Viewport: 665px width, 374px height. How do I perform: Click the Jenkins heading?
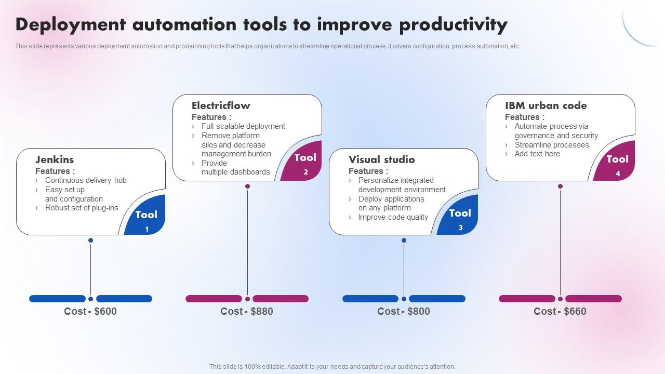pos(55,159)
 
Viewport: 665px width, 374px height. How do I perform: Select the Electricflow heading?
pos(221,105)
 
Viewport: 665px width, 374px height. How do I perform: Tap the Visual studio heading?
pos(381,159)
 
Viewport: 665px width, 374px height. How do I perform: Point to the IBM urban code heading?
pos(546,105)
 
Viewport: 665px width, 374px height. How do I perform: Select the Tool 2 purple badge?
pos(304,162)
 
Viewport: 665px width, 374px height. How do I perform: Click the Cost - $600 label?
pos(90,311)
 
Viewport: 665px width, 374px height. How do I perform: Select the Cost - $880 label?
pos(247,311)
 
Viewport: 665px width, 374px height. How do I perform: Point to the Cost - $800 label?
pos(404,311)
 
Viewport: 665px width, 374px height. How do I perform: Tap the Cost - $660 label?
pos(560,311)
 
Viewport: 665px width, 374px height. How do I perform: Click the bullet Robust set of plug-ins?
pos(82,208)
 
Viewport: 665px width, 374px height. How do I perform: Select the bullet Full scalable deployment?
pos(243,126)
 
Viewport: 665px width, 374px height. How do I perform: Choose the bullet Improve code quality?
pos(393,217)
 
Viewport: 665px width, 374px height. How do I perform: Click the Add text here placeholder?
pos(537,154)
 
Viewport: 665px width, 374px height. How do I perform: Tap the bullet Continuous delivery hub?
pos(86,180)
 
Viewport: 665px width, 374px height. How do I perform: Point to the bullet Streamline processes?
pos(552,145)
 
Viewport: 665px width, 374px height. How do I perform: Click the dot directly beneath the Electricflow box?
pos(247,186)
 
